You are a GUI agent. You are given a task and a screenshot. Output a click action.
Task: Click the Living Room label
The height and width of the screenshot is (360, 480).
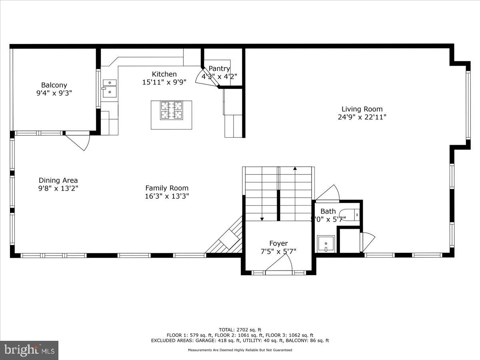[362, 109]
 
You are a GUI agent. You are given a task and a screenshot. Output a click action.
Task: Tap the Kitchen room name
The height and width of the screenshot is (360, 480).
[164, 74]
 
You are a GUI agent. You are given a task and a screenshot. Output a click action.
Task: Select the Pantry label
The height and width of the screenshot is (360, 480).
[219, 68]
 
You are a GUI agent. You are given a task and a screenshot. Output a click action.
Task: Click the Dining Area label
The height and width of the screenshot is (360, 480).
[58, 180]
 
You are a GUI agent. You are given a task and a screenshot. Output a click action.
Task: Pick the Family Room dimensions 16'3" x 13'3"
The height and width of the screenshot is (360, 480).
[167, 196]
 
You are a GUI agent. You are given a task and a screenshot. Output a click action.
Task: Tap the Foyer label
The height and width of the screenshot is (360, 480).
[278, 243]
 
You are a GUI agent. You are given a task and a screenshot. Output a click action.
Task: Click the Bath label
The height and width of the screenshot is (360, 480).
[328, 211]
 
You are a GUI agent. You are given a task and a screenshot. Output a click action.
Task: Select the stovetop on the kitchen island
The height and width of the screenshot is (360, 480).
[171, 110]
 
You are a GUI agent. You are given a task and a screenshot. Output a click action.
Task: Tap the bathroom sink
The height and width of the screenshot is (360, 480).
[326, 243]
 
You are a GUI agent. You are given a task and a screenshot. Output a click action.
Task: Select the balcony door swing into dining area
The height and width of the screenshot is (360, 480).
[78, 141]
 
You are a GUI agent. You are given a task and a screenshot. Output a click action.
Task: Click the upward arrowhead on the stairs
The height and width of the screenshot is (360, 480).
[295, 168]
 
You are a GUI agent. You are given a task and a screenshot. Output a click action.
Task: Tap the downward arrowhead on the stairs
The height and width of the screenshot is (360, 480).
[262, 219]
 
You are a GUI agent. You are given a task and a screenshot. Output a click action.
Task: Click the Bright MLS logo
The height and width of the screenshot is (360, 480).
[29, 350]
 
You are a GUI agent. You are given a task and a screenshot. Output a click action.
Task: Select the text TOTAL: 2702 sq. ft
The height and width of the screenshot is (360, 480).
[240, 329]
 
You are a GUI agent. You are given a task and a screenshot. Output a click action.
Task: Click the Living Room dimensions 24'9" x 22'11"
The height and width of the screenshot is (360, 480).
[362, 117]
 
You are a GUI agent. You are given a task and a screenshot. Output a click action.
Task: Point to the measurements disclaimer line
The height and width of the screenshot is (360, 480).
[240, 350]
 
